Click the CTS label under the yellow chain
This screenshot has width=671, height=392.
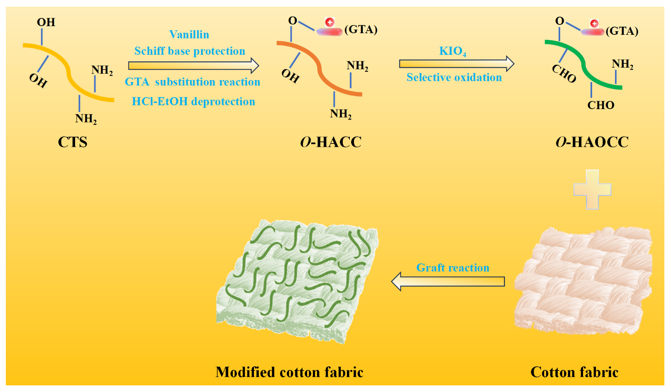pyautogui.click(x=73, y=142)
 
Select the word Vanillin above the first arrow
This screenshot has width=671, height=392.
pyautogui.click(x=189, y=34)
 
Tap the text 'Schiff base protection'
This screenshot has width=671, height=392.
pyautogui.click(x=190, y=51)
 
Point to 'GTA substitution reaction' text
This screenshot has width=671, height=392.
pyautogui.click(x=193, y=82)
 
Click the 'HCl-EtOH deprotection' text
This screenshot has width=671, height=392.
pyautogui.click(x=193, y=102)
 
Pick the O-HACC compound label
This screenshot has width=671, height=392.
pyautogui.click(x=331, y=142)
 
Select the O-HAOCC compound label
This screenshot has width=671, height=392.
pyautogui.click(x=592, y=142)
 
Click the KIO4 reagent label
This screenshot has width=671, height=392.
pyautogui.click(x=452, y=51)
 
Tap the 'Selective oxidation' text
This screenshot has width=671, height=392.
pyautogui.click(x=454, y=78)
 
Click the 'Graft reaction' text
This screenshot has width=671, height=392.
pyautogui.click(x=453, y=268)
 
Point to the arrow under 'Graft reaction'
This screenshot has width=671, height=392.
pyautogui.click(x=448, y=282)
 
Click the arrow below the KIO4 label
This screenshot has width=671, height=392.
pyautogui.click(x=456, y=63)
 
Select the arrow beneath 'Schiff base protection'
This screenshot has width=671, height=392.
pyautogui.click(x=193, y=66)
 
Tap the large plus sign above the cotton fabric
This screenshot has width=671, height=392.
pyautogui.click(x=592, y=189)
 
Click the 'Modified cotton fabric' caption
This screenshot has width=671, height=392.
pyautogui.click(x=289, y=372)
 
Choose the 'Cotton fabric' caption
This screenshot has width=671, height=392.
pyautogui.click(x=574, y=372)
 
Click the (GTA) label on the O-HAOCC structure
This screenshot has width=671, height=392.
pyautogui.click(x=622, y=31)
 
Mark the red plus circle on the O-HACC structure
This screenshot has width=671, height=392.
pyautogui.click(x=330, y=22)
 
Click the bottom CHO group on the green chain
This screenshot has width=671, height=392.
pyautogui.click(x=600, y=105)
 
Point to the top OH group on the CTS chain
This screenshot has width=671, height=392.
pyautogui.click(x=46, y=22)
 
